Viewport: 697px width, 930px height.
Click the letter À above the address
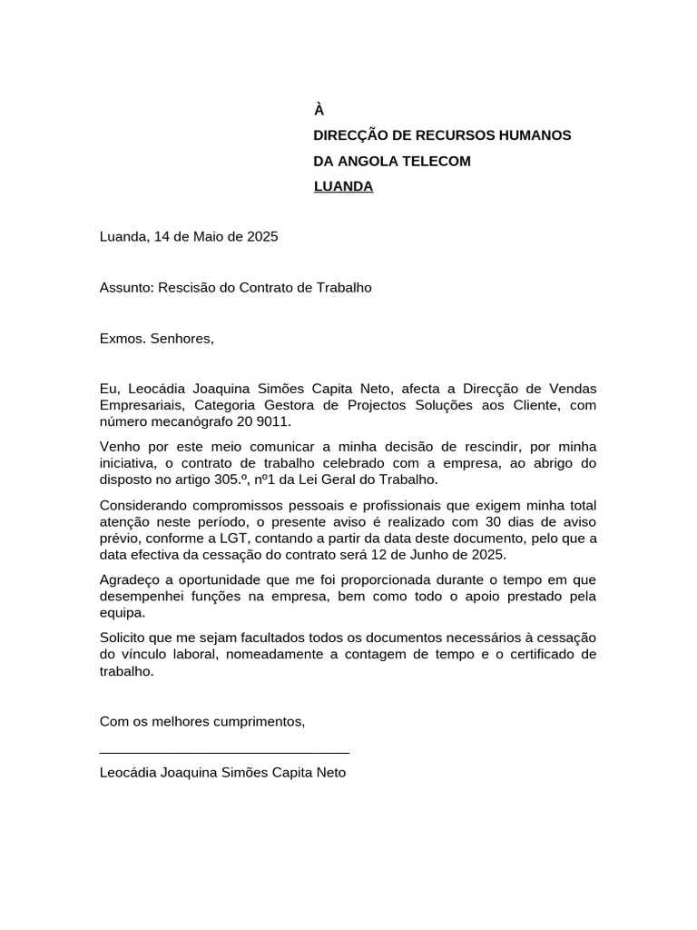point(319,110)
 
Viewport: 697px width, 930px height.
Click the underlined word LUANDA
point(343,187)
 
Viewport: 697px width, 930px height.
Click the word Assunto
point(125,288)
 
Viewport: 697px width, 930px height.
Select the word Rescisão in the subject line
point(184,288)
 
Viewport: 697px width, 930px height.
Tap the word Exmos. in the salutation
point(123,339)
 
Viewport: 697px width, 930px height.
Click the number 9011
point(273,422)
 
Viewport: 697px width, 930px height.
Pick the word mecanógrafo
point(193,422)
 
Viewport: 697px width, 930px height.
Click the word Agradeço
point(130,579)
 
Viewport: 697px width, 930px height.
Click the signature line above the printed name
point(224,752)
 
